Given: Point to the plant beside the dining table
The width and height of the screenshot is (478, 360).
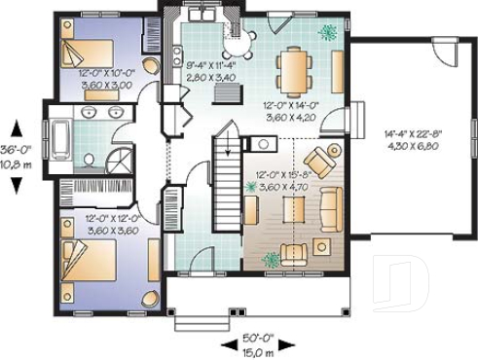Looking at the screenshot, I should (x=328, y=32).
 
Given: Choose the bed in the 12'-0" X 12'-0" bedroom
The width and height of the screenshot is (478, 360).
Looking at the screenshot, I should (x=87, y=263).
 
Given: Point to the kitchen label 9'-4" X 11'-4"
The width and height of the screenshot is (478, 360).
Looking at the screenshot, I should (x=208, y=71).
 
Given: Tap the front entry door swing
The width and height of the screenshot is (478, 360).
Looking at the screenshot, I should (x=200, y=261).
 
